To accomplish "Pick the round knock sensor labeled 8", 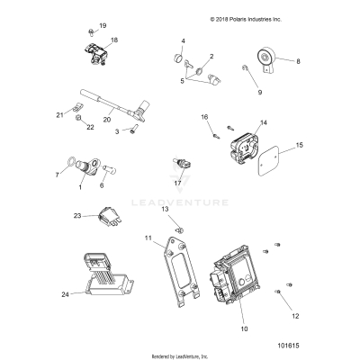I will pos(264,60).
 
